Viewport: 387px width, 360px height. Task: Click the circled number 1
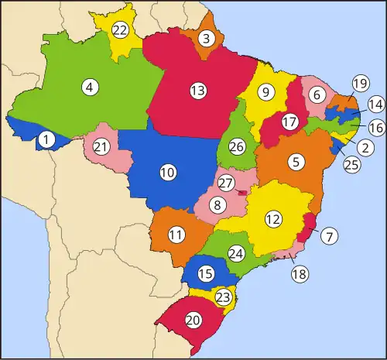click(47, 140)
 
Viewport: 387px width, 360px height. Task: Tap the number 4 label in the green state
click(90, 87)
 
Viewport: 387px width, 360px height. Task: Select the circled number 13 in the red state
click(198, 91)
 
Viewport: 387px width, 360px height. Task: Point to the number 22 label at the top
click(120, 30)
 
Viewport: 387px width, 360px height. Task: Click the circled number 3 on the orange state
click(206, 38)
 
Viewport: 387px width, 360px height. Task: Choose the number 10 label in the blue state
click(167, 173)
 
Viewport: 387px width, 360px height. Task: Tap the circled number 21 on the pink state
click(101, 147)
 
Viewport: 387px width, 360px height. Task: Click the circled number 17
click(289, 122)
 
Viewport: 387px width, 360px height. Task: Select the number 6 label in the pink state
click(317, 94)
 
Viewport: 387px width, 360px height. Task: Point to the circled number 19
click(359, 84)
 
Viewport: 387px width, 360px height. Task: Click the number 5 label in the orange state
click(295, 162)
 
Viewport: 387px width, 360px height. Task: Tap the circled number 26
click(238, 146)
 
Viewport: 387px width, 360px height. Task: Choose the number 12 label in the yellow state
click(272, 219)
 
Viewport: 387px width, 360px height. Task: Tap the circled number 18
click(299, 274)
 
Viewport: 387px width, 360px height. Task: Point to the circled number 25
click(350, 164)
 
